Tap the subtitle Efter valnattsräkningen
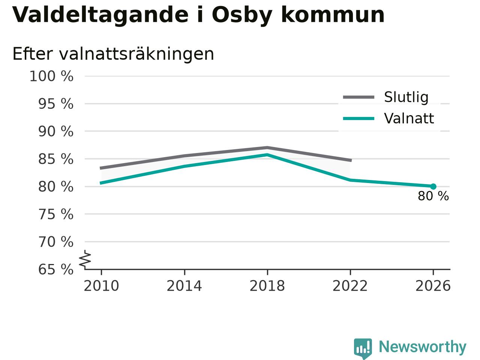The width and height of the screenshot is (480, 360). click(113, 54)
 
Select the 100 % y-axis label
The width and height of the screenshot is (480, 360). click(51, 76)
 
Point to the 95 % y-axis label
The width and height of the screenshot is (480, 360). click(56, 104)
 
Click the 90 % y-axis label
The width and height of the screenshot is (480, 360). click(56, 131)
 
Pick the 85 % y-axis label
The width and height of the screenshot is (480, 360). click(56, 159)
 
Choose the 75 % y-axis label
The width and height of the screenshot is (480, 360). click(56, 214)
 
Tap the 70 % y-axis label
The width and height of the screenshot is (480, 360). click(56, 242)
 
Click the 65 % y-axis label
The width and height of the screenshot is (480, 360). click(56, 269)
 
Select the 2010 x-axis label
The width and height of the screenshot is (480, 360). click(101, 286)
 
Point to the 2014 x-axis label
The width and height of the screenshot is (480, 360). click(184, 286)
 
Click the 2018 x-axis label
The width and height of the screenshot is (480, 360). click(267, 286)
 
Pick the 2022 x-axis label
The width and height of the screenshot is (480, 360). click(350, 286)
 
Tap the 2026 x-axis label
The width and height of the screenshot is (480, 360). click(433, 286)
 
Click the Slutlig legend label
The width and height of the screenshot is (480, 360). click(406, 97)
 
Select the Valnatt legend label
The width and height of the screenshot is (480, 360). click(409, 118)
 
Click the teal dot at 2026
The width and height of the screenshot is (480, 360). click(433, 186)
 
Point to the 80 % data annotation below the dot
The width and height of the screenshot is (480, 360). click(433, 196)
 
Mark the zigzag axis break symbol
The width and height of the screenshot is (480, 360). click(85, 259)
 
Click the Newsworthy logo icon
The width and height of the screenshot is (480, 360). click(363, 348)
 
